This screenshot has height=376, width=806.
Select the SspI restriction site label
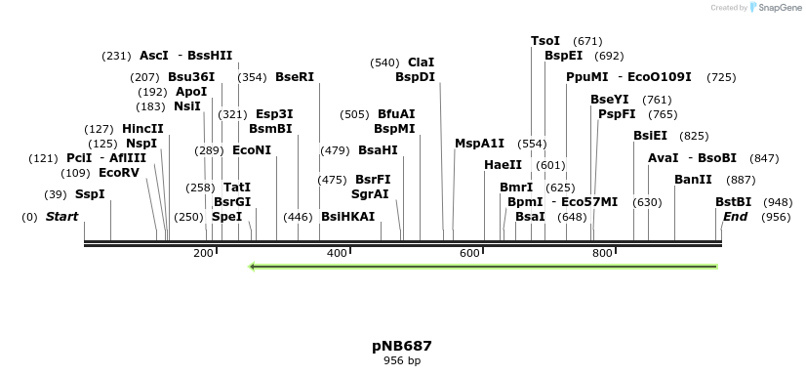tap(90, 194)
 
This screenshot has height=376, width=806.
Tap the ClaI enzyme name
tap(421, 63)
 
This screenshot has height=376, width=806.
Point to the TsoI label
tap(545, 41)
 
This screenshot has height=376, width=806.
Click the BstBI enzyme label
tap(734, 202)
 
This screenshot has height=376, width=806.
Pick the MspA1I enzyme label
tap(479, 144)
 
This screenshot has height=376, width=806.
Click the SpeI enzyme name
tap(226, 216)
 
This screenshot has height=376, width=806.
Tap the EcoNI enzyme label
tap(252, 150)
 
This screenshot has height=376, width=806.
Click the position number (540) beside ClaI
tap(384, 63)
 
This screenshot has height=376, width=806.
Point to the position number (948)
tap(778, 202)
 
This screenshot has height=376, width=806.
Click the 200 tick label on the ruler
tap(203, 254)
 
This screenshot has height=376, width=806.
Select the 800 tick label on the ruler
tap(602, 254)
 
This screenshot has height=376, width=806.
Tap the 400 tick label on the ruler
tap(337, 254)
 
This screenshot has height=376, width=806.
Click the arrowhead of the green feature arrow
tap(254, 267)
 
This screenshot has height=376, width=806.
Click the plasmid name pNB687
tap(401, 346)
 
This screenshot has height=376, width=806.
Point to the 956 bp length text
tap(401, 361)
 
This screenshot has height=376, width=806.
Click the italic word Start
tap(61, 216)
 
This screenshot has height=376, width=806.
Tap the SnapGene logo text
tap(778, 8)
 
